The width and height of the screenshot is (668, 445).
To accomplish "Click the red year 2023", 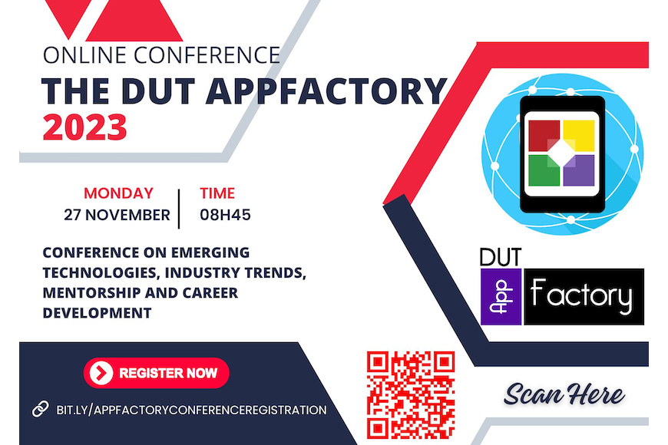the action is (x=84, y=127).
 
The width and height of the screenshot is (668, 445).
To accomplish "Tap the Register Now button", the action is (x=157, y=373).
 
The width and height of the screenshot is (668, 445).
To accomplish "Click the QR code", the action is (x=411, y=395).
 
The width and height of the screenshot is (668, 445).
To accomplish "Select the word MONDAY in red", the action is (x=118, y=193).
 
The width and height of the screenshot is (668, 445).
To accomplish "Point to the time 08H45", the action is (x=226, y=215).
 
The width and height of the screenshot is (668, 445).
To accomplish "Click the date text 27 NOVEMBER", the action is (x=117, y=215).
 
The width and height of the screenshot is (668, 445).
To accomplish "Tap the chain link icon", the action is (x=41, y=409).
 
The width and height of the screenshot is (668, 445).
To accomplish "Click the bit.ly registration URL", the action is (x=192, y=410).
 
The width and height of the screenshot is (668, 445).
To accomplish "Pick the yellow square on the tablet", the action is (x=578, y=135).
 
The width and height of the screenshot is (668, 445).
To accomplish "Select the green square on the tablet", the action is (x=544, y=170).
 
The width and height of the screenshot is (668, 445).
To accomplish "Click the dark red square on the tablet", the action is (x=544, y=135).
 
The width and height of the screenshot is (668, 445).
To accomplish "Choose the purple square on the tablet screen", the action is (x=578, y=170).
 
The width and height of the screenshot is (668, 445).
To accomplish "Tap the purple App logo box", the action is (x=501, y=297).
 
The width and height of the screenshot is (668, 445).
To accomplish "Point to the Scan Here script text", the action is (x=564, y=394).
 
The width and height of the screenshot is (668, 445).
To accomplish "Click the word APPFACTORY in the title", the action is (x=326, y=91).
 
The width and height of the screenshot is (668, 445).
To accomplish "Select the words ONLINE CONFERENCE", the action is (x=161, y=55).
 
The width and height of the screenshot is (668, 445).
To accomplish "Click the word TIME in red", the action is (x=217, y=193).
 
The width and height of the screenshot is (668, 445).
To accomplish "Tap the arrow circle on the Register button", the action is (x=101, y=373).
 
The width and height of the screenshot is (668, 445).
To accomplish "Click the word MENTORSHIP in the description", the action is (x=91, y=293).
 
